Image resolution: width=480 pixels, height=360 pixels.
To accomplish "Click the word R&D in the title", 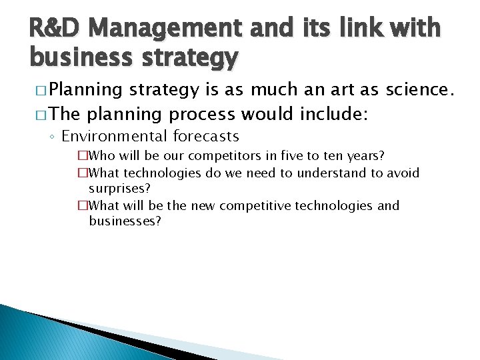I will [x=53, y=29].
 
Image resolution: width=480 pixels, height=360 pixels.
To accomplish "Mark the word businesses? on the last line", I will [x=125, y=221].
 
